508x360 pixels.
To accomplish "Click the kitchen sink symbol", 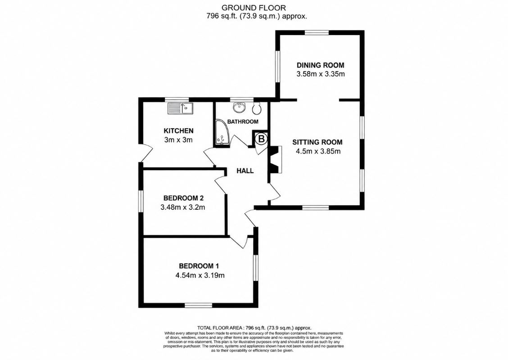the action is tap(180, 108).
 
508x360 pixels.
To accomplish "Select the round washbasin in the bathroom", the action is tap(240, 108).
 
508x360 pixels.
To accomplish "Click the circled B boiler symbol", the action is tap(262, 139).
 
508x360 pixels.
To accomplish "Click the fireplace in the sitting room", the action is tap(275, 160).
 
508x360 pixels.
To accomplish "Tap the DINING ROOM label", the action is tap(320, 65).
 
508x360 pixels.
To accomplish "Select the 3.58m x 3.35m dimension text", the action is tap(320, 74).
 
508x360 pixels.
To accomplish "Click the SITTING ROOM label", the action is tap(317, 142).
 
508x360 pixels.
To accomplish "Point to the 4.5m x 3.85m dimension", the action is tap(318, 151).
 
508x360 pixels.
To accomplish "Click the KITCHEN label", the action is tap(178, 131).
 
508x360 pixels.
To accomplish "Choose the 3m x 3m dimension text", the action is tap(178, 140).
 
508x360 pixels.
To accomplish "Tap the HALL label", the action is tap(245, 171).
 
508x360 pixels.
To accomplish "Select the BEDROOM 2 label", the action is tap(183, 198).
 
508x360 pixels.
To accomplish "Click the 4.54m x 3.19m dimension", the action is tap(200, 275).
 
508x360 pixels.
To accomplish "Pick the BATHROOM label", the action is tap(243, 122).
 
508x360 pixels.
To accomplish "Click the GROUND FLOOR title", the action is tap(254, 7).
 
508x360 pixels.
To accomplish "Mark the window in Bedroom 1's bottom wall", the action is tap(199, 305).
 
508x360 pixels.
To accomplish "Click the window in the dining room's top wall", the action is tap(317, 32).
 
